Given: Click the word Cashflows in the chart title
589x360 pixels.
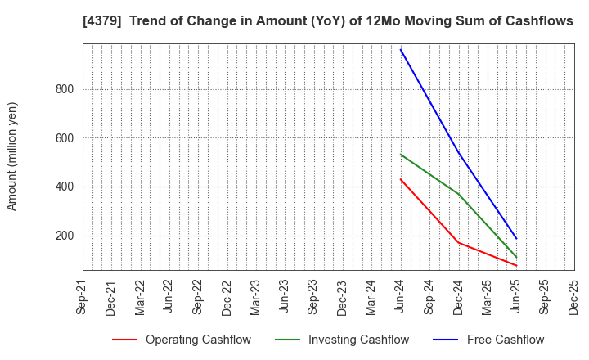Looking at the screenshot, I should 536,21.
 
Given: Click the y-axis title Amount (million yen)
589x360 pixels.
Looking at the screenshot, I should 12,156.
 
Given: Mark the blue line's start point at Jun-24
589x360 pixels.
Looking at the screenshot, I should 401,50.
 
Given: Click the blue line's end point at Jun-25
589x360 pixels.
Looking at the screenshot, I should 516,238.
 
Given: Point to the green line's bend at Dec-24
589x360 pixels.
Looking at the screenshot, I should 458,194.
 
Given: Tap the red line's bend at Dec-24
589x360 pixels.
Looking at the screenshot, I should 458,242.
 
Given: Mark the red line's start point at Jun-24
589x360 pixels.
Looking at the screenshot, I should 401,179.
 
